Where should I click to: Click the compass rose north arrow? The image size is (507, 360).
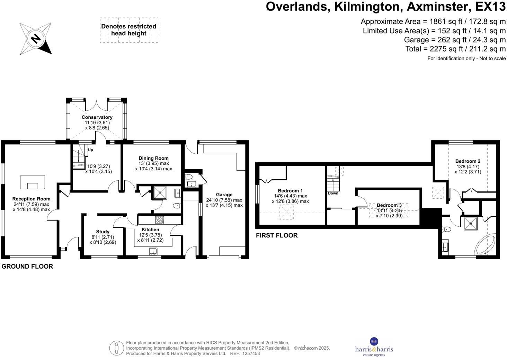point(36,38)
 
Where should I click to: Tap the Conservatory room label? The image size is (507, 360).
point(97,117)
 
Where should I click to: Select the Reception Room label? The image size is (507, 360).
point(31,199)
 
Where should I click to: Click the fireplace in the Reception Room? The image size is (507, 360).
point(33,182)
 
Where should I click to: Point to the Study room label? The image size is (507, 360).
point(103,232)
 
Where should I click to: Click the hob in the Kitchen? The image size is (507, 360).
point(159,220)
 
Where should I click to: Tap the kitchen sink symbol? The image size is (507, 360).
point(153,251)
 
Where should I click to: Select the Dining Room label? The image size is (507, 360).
point(153,158)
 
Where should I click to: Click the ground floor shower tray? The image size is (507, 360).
point(160,192)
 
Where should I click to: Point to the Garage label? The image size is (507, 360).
point(224,195)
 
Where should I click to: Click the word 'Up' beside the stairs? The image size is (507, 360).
point(90,150)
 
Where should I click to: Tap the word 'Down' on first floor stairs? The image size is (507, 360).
point(333,193)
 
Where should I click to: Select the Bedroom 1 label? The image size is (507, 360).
point(290,191)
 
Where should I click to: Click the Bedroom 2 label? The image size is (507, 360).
point(468,161)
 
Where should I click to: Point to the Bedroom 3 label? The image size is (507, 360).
point(389,205)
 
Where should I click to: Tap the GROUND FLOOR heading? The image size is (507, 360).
point(27,266)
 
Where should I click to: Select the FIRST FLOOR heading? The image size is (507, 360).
point(277,235)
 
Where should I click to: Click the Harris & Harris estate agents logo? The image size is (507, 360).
point(374,347)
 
